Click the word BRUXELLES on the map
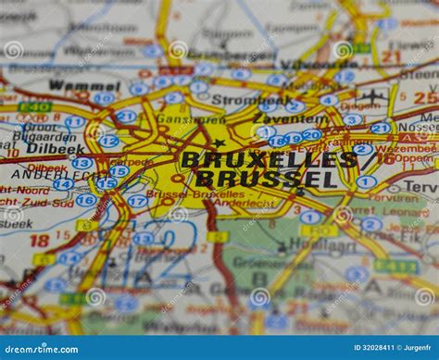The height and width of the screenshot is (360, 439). (x=269, y=159)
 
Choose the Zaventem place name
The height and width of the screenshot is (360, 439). (x=289, y=118)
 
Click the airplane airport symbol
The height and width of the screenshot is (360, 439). (x=372, y=96)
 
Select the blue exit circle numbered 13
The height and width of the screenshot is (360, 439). (x=82, y=164)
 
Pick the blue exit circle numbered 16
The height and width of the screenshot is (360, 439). (x=86, y=200)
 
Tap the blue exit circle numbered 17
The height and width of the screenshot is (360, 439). (x=137, y=201)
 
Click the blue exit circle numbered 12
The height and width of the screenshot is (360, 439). (x=108, y=142)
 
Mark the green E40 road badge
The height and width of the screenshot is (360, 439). (x=35, y=107)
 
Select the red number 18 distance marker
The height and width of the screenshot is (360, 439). (x=39, y=241)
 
